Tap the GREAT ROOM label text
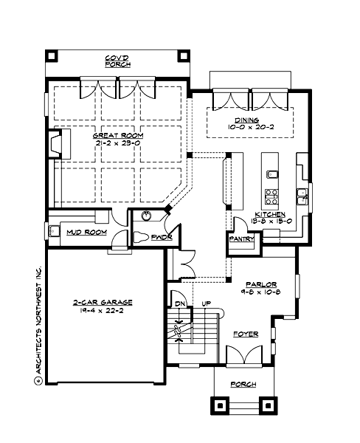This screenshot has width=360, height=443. click(117, 136)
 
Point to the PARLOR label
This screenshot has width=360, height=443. click(261, 284)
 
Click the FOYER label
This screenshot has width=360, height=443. click(246, 334)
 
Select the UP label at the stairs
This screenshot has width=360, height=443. click(206, 303)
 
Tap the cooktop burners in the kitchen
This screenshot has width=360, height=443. click(271, 197)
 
